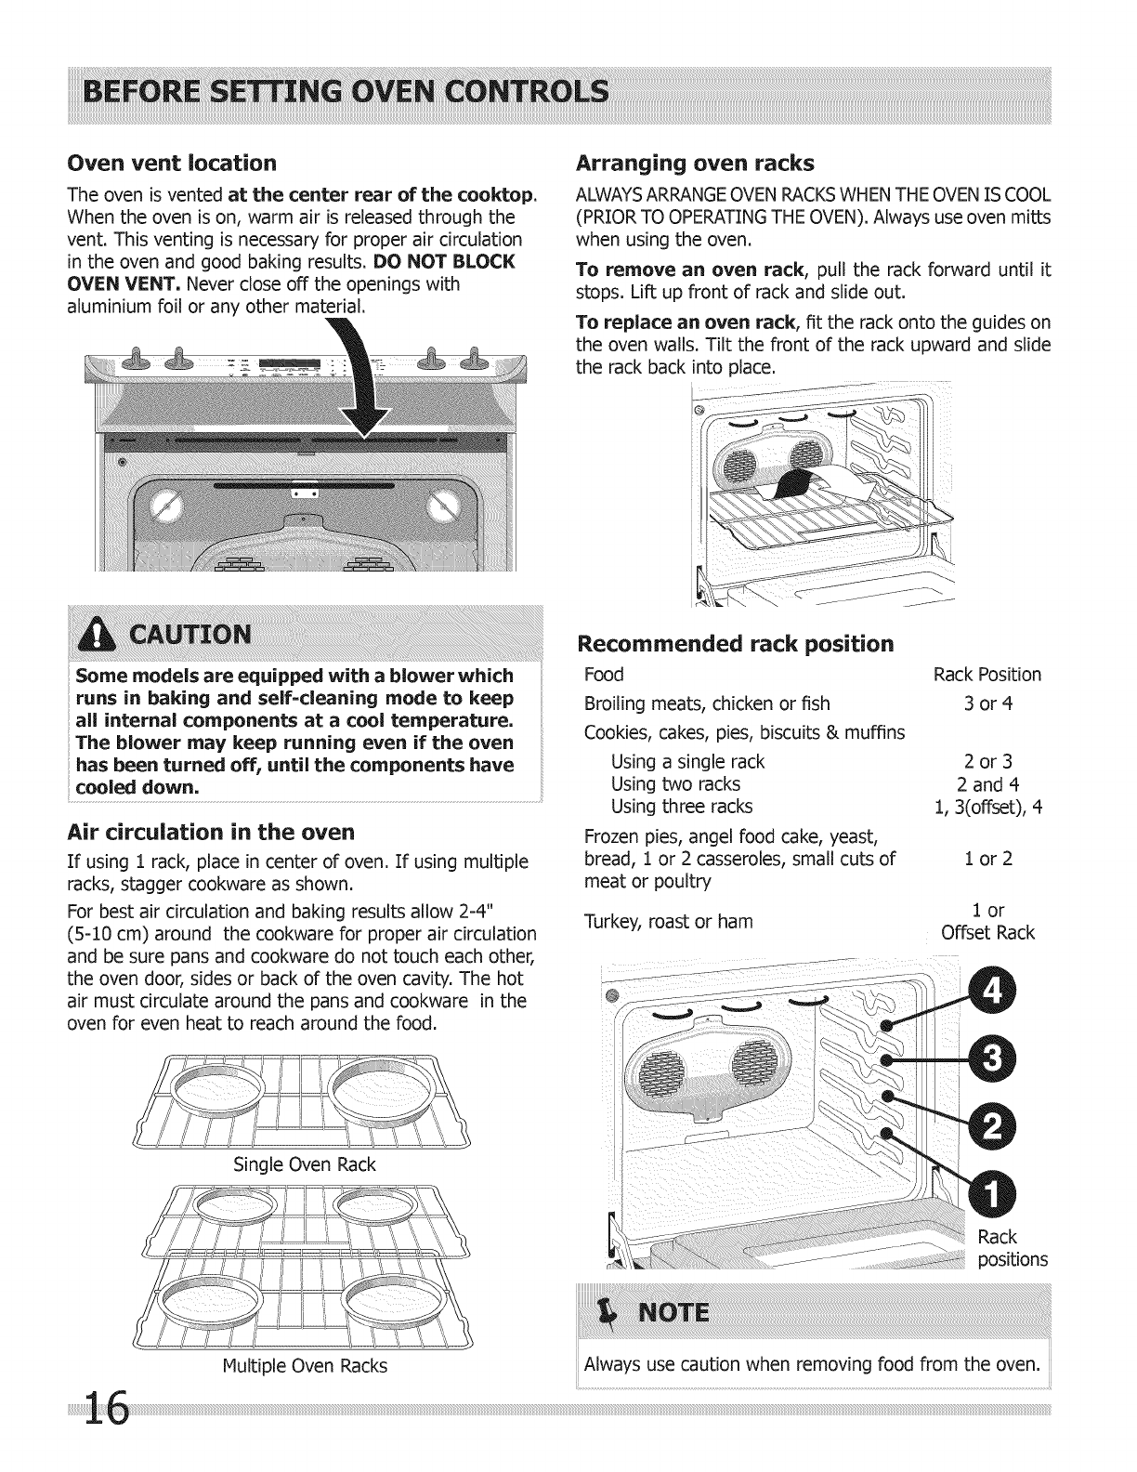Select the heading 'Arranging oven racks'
695,164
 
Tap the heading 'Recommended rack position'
736,644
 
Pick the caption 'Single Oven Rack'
304,1164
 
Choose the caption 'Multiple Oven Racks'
304,1366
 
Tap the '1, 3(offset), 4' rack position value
987,807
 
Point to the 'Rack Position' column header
987,675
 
